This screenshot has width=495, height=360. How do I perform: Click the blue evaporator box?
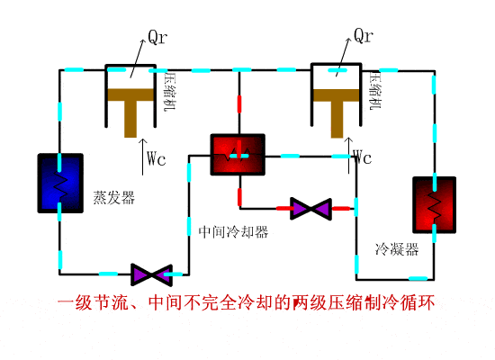(60, 183)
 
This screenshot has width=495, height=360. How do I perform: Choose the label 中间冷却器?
(233, 231)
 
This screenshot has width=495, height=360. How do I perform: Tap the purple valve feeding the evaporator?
(151, 272)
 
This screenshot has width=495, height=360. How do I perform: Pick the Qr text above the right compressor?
(364, 36)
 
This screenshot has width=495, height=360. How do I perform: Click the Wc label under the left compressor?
(156, 159)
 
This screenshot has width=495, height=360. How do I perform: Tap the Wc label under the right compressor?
(362, 158)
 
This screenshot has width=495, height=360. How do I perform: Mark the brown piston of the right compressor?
(338, 104)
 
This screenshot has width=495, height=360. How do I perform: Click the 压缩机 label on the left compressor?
(168, 92)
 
